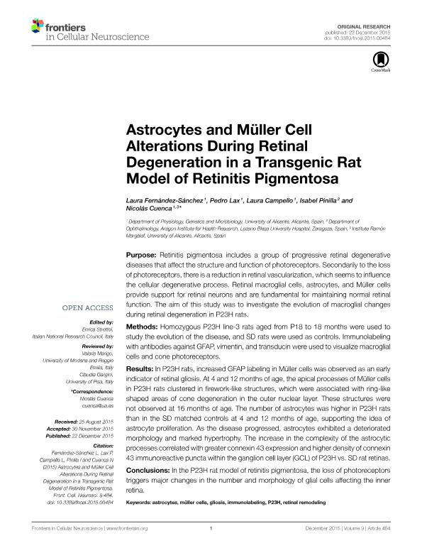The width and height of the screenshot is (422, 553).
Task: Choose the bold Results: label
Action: [141, 370]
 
